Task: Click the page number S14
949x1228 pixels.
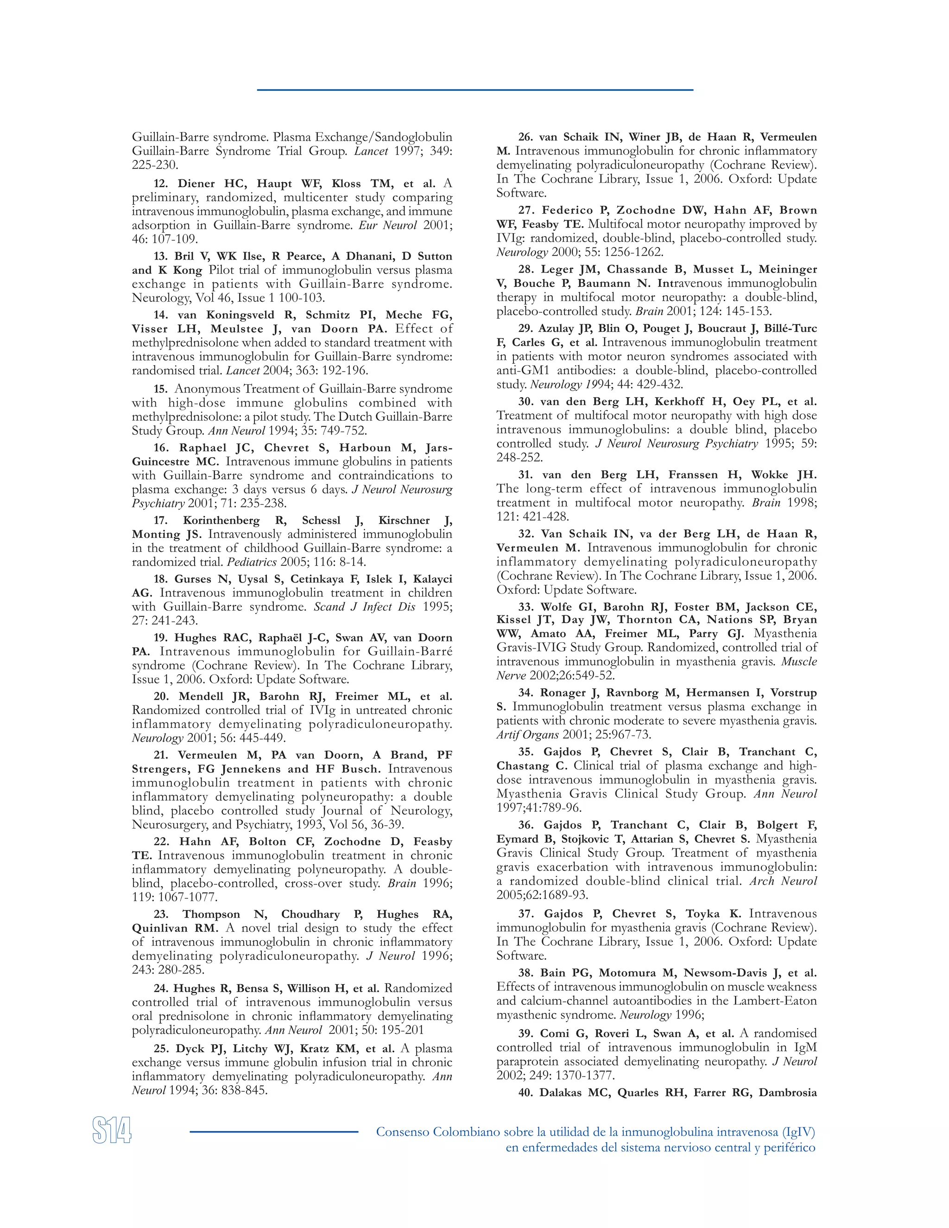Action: pyautogui.click(x=112, y=1130)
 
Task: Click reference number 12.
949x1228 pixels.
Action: pyautogui.click(x=161, y=184)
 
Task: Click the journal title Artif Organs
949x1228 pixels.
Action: pyautogui.click(x=527, y=734)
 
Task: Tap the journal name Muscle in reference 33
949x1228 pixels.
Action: pyautogui.click(x=799, y=661)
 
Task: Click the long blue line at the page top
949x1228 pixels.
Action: pyautogui.click(x=474, y=89)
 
